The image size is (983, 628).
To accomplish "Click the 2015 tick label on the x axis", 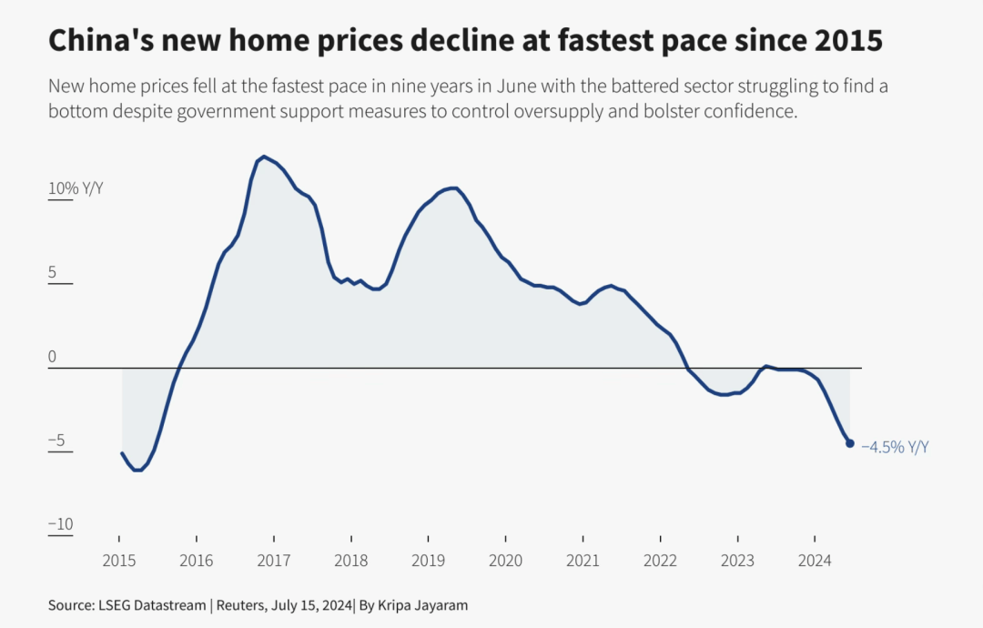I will (118, 561).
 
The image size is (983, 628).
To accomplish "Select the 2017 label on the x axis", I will (273, 561).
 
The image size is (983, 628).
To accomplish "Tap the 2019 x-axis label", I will (428, 561).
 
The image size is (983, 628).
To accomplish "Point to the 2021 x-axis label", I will (583, 561).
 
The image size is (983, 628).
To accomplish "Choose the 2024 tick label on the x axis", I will (815, 561).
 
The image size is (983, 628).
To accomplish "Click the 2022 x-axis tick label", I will (660, 561).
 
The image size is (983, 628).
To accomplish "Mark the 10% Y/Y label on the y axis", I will (76, 188).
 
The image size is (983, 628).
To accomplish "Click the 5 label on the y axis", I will (53, 273).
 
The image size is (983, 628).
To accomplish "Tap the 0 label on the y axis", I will (52, 357).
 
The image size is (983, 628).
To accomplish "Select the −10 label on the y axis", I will (60, 524).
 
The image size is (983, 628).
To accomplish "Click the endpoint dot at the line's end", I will (850, 443).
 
